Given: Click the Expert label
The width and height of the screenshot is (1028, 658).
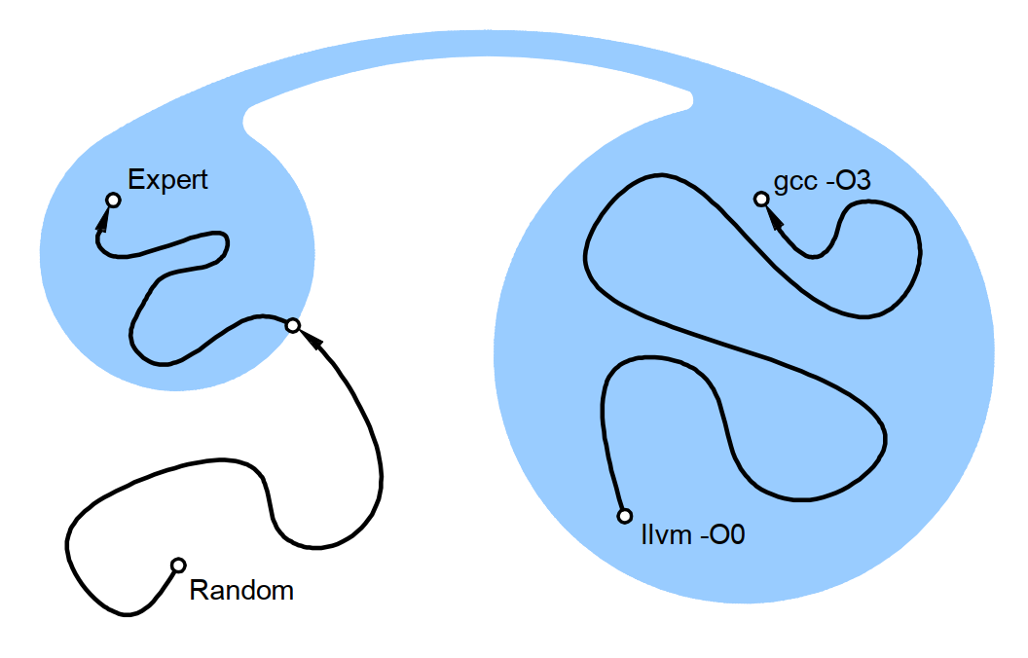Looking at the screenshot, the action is pos(168,180).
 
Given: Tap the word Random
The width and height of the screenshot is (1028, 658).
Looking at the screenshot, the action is pos(241,590).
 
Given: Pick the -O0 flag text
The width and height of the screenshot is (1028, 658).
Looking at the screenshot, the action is pos(721,534).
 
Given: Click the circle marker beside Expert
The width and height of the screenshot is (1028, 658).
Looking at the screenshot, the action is pos(113,200).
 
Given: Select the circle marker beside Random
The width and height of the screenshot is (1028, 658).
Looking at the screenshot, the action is pos(178,565).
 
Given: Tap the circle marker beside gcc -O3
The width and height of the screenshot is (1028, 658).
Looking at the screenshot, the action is pos(761,199).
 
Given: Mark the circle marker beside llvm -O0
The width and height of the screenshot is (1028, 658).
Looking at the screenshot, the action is pos(625,516).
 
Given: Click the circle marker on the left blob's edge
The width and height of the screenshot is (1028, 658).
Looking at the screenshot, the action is pos(292,325).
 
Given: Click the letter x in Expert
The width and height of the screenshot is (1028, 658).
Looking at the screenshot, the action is pos(150,180).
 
